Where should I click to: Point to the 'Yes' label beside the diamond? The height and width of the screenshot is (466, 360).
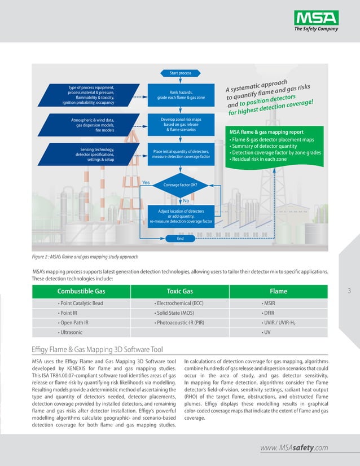pos(146,183)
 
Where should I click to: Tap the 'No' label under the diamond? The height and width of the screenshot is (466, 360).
pos(186,200)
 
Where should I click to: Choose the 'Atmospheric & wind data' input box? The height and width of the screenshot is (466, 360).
pos(90,125)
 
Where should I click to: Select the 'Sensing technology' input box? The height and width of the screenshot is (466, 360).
pos(90,154)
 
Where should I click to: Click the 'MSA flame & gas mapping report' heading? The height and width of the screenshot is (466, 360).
pos(266,132)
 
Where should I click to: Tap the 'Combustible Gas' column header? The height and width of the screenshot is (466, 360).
pos(81,291)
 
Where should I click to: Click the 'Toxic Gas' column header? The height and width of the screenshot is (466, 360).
pos(181,291)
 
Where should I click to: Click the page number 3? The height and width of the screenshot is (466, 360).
pos(350,291)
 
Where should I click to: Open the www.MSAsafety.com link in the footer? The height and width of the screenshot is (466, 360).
pos(294,448)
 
